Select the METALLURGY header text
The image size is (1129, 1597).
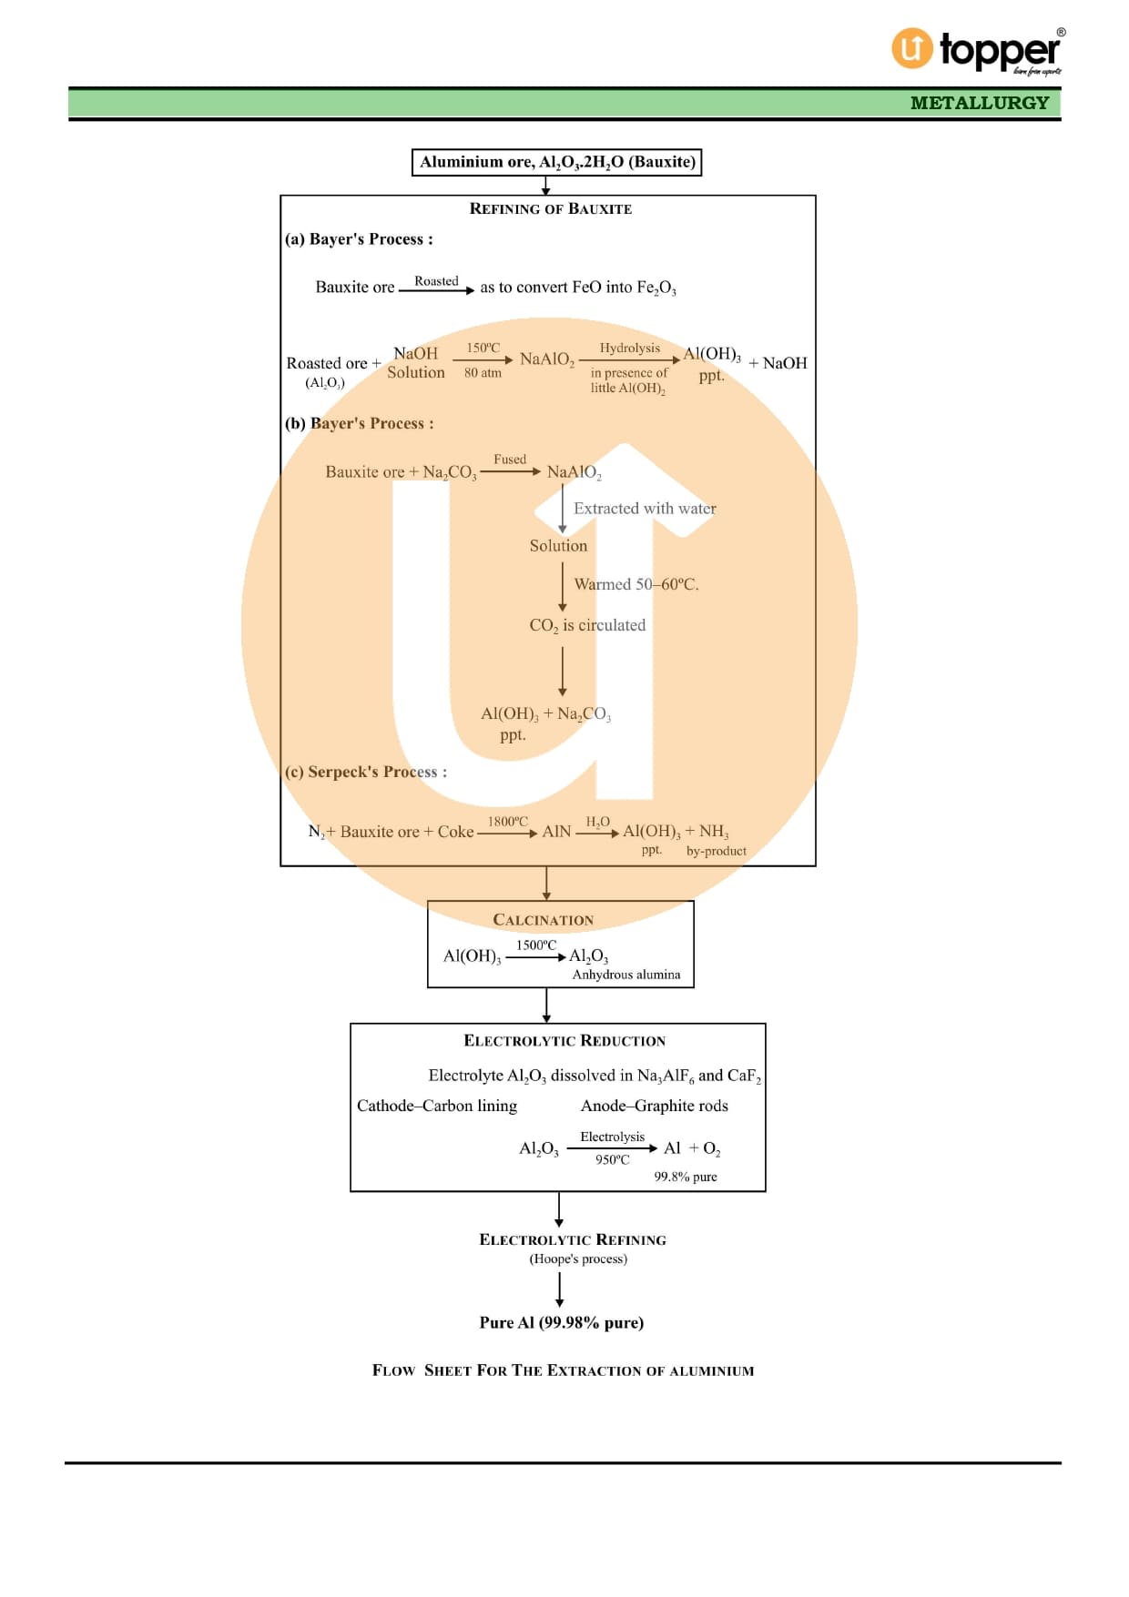click(980, 103)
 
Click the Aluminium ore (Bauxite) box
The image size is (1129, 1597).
click(556, 162)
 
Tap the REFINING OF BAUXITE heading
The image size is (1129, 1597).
click(550, 208)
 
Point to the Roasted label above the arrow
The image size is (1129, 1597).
click(436, 281)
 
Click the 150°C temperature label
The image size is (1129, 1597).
click(483, 348)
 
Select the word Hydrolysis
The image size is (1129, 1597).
click(629, 348)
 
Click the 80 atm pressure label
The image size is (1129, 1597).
click(483, 372)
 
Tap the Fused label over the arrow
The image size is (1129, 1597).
click(510, 460)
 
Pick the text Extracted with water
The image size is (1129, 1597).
click(645, 509)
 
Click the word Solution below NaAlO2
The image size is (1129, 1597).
click(558, 546)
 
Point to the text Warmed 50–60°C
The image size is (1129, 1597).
click(636, 584)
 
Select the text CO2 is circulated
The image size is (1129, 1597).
click(587, 625)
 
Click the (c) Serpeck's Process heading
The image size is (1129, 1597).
click(366, 772)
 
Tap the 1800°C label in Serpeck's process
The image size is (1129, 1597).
click(507, 821)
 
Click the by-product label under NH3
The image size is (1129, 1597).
click(716, 851)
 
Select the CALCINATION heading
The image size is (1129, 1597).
click(543, 920)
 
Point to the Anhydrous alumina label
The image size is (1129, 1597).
click(626, 975)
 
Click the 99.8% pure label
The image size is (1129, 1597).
click(685, 1177)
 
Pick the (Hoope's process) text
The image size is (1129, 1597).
click(578, 1259)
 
